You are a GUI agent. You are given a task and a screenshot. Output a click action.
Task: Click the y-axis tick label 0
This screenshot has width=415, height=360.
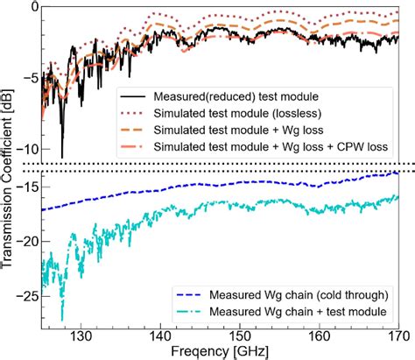[x=32, y=7]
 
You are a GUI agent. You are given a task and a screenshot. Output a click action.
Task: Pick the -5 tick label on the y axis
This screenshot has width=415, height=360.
[x=29, y=78]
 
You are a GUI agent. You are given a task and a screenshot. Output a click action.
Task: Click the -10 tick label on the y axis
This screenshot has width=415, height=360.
[x=25, y=149]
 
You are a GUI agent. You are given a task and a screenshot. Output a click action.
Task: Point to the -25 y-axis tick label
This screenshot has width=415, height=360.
[x=25, y=296]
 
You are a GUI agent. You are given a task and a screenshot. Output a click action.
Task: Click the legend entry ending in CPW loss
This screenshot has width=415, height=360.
[x=263, y=146]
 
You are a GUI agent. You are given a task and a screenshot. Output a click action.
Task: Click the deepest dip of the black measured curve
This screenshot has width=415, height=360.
[x=62, y=157]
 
